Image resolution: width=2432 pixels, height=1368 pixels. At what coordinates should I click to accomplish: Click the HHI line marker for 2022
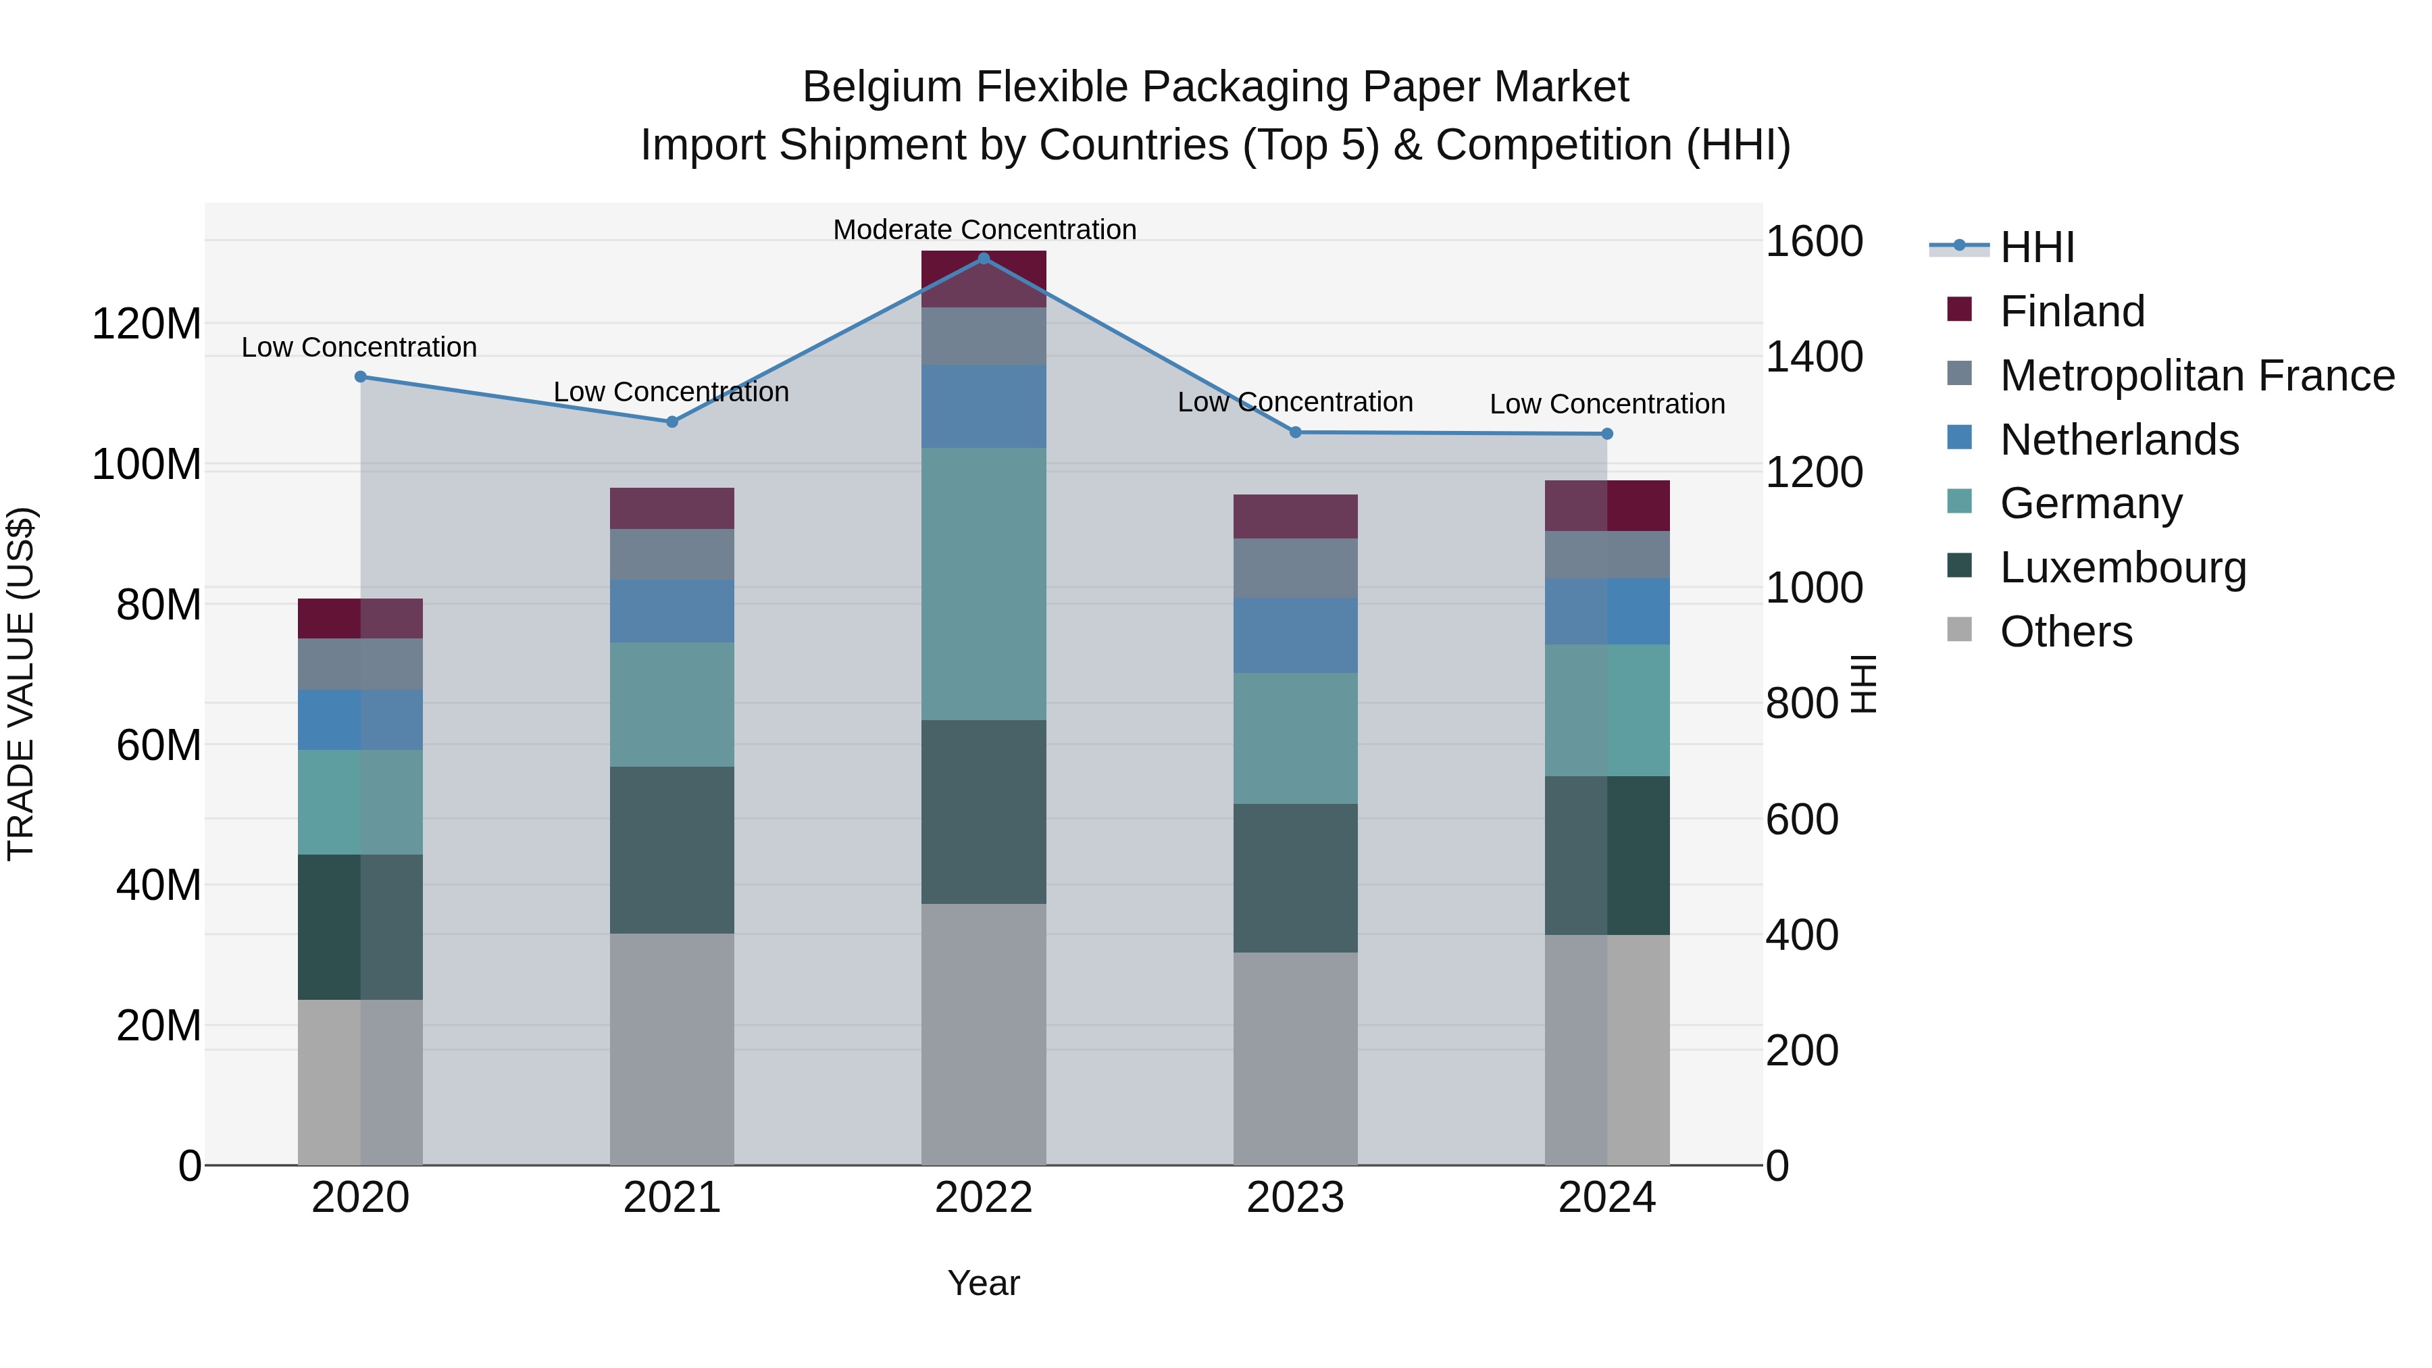coord(984,259)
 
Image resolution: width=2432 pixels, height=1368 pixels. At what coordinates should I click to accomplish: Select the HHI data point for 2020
coord(361,377)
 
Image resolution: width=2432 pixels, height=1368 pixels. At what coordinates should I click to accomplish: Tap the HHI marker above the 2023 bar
coord(1295,432)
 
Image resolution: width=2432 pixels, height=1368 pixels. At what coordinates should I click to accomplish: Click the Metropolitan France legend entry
coord(2196,376)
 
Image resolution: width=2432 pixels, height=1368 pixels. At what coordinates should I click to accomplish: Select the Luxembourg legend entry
coord(2123,567)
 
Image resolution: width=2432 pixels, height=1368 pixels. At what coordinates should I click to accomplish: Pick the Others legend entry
coord(2066,632)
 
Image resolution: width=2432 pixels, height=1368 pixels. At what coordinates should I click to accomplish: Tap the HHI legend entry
coord(2036,247)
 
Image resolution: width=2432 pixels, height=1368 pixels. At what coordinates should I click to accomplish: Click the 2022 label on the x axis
coord(984,1198)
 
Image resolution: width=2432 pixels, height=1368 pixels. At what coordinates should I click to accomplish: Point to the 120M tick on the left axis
coord(147,325)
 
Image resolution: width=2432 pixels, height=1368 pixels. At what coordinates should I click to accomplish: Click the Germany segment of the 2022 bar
coord(984,584)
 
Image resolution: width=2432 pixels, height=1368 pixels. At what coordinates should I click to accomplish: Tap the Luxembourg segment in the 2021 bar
coord(672,850)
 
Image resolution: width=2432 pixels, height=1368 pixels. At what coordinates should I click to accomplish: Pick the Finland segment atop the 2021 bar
coord(672,508)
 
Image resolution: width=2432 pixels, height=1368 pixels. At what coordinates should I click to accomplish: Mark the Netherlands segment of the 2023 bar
coord(1295,636)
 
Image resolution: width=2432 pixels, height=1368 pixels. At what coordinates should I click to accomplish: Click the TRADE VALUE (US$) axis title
coord(21,684)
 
